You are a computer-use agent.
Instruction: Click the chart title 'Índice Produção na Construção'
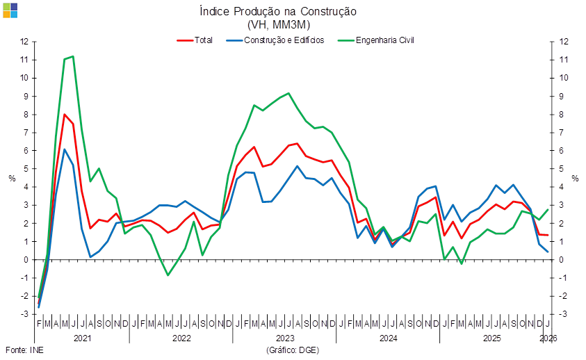(x=278, y=12)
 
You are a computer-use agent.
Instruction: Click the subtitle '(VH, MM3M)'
(x=278, y=24)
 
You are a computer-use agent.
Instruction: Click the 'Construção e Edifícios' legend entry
(x=286, y=40)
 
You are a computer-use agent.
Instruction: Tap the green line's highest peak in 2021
(x=73, y=56)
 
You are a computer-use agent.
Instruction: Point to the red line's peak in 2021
(x=64, y=114)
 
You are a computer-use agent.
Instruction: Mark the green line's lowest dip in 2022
(x=168, y=275)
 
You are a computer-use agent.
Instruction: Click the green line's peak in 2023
(x=288, y=93)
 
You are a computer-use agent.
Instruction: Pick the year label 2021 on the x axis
(x=82, y=338)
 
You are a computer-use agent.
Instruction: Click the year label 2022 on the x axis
(x=181, y=338)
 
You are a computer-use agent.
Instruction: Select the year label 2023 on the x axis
(x=286, y=338)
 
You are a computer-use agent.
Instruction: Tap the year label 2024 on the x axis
(x=388, y=338)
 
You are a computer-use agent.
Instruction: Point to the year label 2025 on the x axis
(x=492, y=338)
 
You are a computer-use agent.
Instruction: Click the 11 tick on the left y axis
(x=25, y=60)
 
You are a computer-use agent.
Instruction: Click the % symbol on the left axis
(x=11, y=179)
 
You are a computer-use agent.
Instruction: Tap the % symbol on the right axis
(x=575, y=179)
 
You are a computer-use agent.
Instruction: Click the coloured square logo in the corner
(x=9, y=9)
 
